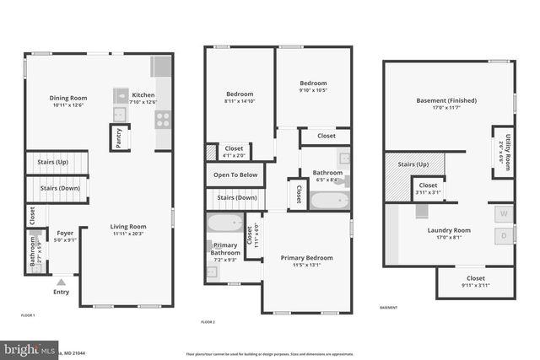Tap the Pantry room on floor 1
tap(118, 137)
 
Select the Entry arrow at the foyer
tap(61, 282)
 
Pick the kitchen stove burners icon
tap(162, 119)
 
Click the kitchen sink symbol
tap(120, 114)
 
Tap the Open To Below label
tap(235, 175)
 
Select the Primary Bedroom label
tap(307, 258)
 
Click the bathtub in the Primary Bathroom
tap(225, 224)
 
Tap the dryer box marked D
tap(505, 237)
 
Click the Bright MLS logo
tap(25, 349)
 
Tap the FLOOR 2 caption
tap(208, 322)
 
